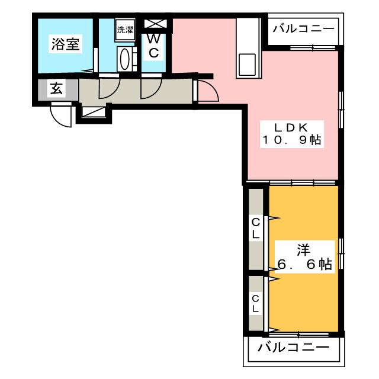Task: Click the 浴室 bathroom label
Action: pos(65,44)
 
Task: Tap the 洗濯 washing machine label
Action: pos(124,30)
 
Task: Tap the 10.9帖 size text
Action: pos(291,142)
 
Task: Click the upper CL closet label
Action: pos(256,228)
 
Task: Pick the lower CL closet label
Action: pos(256,303)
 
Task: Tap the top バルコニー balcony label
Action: pos(303,28)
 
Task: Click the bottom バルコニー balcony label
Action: pos(293,348)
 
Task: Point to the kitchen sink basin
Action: pos(247,64)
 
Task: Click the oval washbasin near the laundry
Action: pos(125,59)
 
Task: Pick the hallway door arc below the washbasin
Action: pos(107,89)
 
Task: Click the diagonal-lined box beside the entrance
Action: pos(92,111)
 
